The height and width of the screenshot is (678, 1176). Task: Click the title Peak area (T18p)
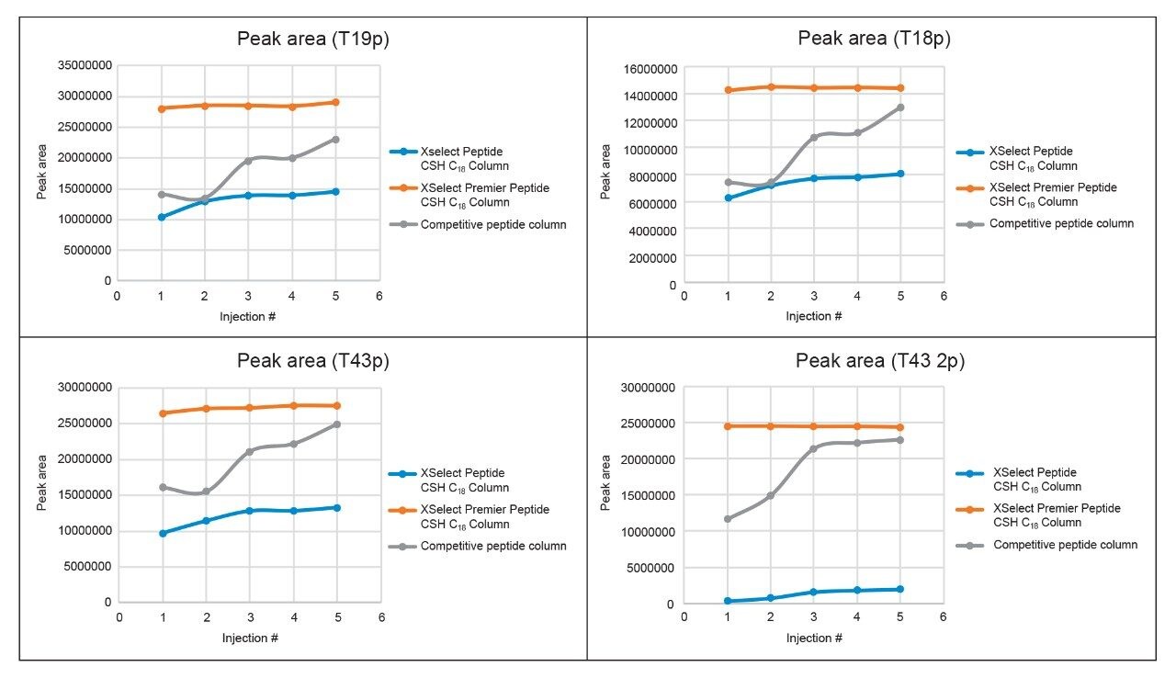point(873,38)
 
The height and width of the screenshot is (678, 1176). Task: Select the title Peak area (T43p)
point(312,360)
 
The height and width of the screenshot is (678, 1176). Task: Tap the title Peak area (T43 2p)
point(879,360)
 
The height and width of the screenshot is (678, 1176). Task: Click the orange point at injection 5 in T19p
point(335,102)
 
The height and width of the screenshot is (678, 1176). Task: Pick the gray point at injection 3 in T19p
point(248,161)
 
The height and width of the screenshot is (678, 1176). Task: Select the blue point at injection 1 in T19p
point(162,217)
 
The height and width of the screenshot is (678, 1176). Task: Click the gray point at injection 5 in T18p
point(900,107)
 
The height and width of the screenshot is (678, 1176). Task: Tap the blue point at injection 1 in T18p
point(728,198)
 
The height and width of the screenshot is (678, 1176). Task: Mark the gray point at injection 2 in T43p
point(206,492)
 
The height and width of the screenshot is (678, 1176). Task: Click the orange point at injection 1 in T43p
point(163,413)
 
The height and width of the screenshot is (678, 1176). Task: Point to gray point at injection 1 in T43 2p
point(728,519)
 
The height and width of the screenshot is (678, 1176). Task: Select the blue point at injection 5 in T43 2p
point(900,589)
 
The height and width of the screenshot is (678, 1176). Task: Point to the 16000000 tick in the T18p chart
point(648,68)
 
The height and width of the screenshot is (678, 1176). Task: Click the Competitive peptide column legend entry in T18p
point(1061,223)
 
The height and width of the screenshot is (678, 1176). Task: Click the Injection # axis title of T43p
point(249,638)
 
